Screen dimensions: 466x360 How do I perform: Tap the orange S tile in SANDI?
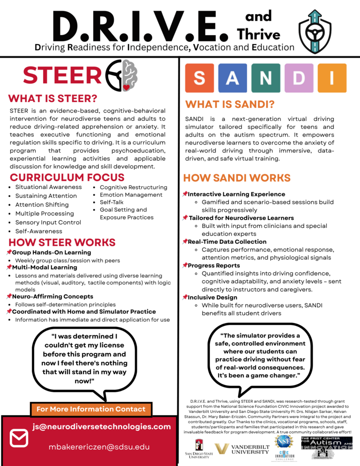pyautogui.click(x=199, y=78)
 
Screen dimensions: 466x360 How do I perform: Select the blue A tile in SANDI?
pyautogui.click(x=233, y=78)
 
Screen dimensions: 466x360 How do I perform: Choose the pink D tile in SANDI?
pyautogui.click(x=299, y=78)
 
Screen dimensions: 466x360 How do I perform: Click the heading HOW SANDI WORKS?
pyautogui.click(x=237, y=178)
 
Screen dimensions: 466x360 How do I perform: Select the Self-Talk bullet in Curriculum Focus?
pyautogui.click(x=112, y=202)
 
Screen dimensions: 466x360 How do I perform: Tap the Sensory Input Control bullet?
pyautogui.click(x=48, y=223)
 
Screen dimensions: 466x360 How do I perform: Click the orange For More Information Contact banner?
pyautogui.click(x=91, y=409)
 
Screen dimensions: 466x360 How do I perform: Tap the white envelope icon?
pyautogui.click(x=19, y=438)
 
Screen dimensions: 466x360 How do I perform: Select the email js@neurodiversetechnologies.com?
pyautogui.click(x=101, y=427)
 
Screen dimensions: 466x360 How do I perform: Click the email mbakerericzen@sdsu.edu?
pyautogui.click(x=99, y=447)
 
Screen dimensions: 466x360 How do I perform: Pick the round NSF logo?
pyautogui.click(x=284, y=441)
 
